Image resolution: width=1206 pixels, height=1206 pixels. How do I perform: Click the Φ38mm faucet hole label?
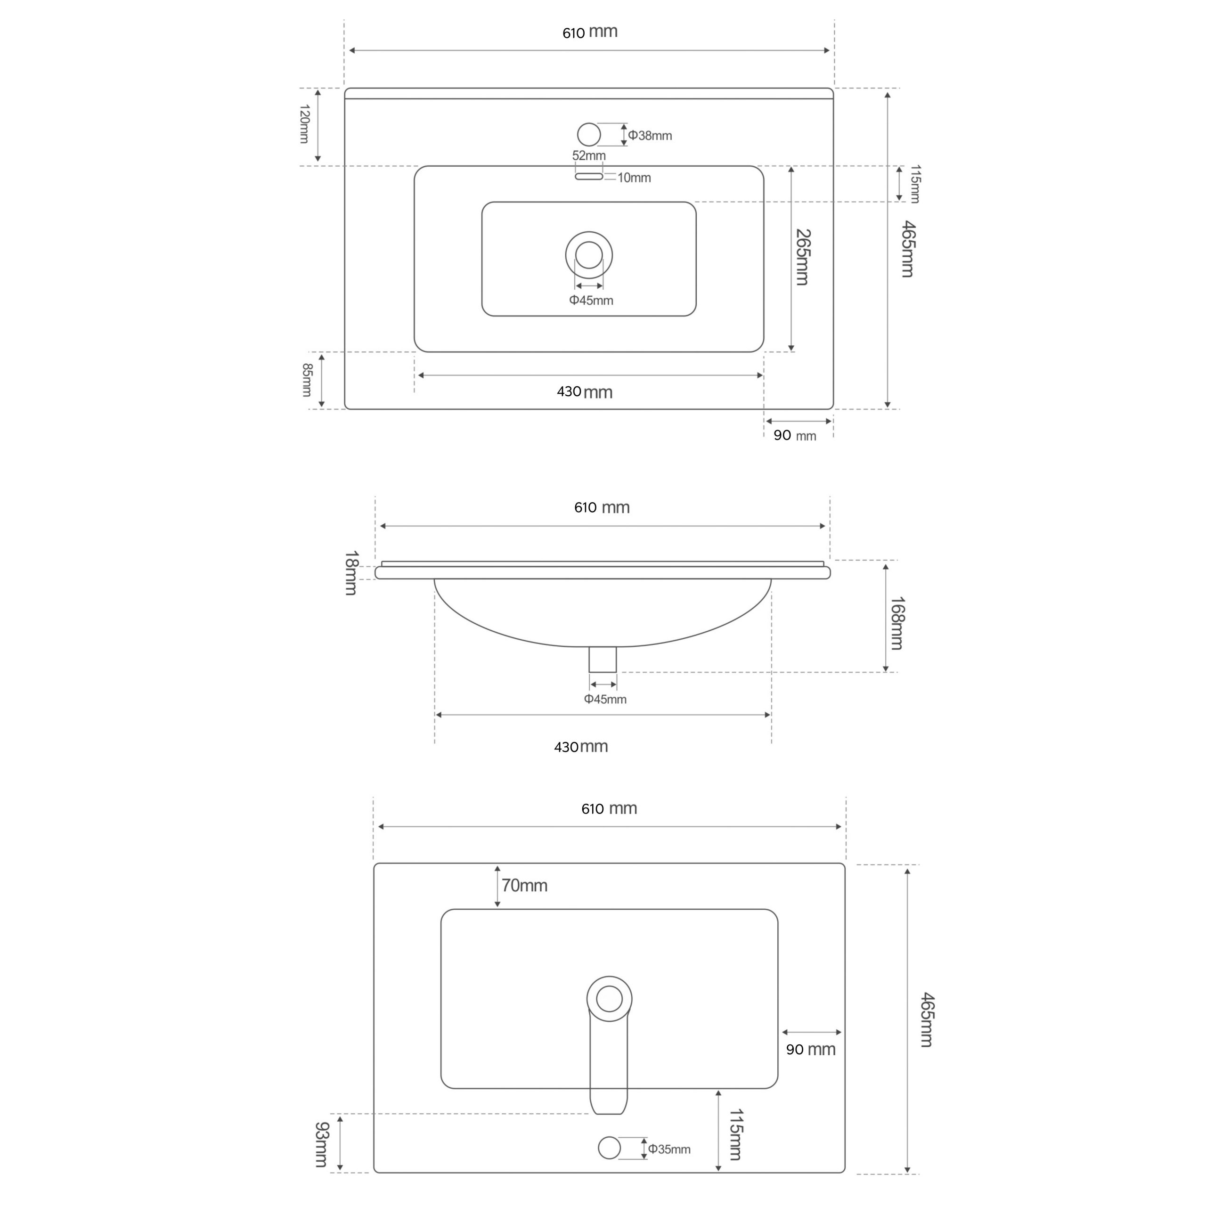click(650, 136)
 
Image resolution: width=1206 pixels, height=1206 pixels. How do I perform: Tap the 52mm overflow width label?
click(589, 155)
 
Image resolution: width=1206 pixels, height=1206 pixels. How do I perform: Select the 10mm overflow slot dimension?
click(634, 178)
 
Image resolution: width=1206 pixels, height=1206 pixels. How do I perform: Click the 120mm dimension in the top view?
click(304, 124)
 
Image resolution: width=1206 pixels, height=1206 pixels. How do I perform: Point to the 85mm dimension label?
click(307, 380)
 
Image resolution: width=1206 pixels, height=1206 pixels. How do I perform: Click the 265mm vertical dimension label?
click(803, 257)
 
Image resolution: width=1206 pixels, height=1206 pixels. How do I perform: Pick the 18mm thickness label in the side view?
click(351, 572)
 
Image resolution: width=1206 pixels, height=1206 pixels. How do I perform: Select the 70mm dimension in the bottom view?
click(524, 886)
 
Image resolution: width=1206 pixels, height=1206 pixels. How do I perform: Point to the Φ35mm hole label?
click(669, 1149)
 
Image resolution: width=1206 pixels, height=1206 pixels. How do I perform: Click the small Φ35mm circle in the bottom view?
click(609, 1147)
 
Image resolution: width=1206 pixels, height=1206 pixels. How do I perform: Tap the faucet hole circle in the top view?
click(589, 134)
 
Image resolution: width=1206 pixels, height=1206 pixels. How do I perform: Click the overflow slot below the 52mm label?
click(589, 177)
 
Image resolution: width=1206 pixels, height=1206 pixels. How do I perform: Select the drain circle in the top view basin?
click(589, 255)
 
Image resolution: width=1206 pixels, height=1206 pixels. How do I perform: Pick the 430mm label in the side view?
click(580, 747)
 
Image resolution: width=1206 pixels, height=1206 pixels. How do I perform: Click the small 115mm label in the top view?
click(914, 184)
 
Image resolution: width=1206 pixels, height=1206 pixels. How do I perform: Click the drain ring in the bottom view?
click(609, 999)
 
